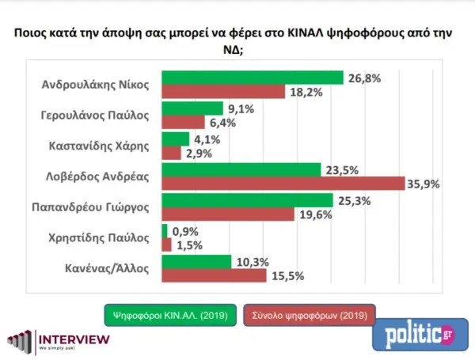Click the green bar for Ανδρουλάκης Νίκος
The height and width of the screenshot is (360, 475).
point(252,77)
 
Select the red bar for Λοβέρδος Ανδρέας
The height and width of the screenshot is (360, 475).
point(283,184)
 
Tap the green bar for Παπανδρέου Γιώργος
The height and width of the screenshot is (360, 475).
point(247,200)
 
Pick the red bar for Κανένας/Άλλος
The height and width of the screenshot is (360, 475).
point(214,275)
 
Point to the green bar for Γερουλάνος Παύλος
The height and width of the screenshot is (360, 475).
point(192,108)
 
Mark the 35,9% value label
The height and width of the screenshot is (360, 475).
point(424,184)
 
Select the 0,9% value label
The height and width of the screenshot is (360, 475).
point(184,230)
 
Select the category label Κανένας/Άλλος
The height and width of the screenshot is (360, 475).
point(112,268)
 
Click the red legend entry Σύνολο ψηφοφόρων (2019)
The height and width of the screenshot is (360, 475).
point(310,315)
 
